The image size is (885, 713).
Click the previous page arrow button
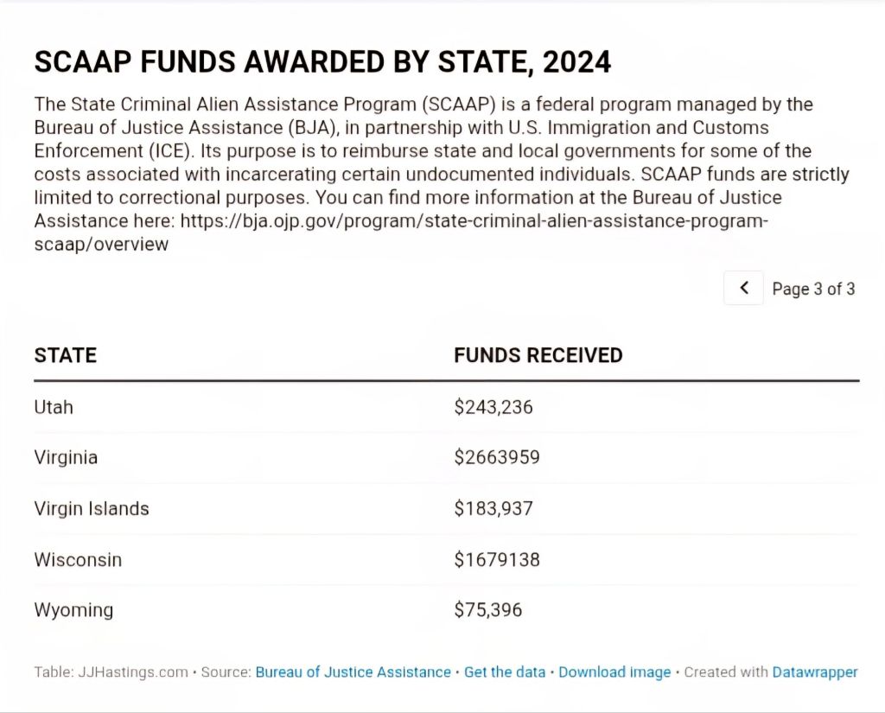pos(744,288)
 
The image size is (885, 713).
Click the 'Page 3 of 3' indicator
pos(813,289)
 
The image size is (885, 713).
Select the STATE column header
pos(66,355)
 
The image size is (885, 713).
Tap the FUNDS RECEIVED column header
pos(538,355)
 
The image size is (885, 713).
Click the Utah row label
pos(54,406)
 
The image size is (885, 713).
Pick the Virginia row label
pos(66,457)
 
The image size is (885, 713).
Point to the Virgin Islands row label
pos(92,508)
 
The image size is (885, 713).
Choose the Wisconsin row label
pos(78,559)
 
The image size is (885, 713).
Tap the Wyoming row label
pos(73,610)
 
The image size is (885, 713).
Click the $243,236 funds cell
pos(493,406)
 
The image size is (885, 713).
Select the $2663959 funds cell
pos(497,457)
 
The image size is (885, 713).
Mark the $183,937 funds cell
pos(493,508)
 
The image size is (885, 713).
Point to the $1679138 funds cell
pos(497,559)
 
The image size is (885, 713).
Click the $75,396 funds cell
pos(488,610)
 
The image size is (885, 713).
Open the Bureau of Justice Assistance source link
pos(353,672)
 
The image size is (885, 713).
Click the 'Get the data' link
pos(505,672)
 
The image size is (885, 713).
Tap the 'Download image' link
pos(614,672)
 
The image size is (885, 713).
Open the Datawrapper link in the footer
pos(815,672)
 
